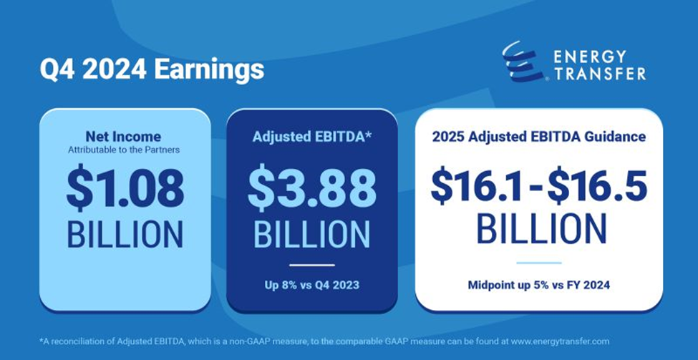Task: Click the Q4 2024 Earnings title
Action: [151, 70]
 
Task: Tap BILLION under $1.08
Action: [125, 235]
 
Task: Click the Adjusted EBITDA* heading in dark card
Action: [312, 136]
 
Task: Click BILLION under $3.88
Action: [312, 235]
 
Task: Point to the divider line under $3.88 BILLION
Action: [312, 265]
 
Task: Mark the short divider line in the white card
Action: [539, 263]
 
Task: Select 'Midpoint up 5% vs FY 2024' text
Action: [539, 286]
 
